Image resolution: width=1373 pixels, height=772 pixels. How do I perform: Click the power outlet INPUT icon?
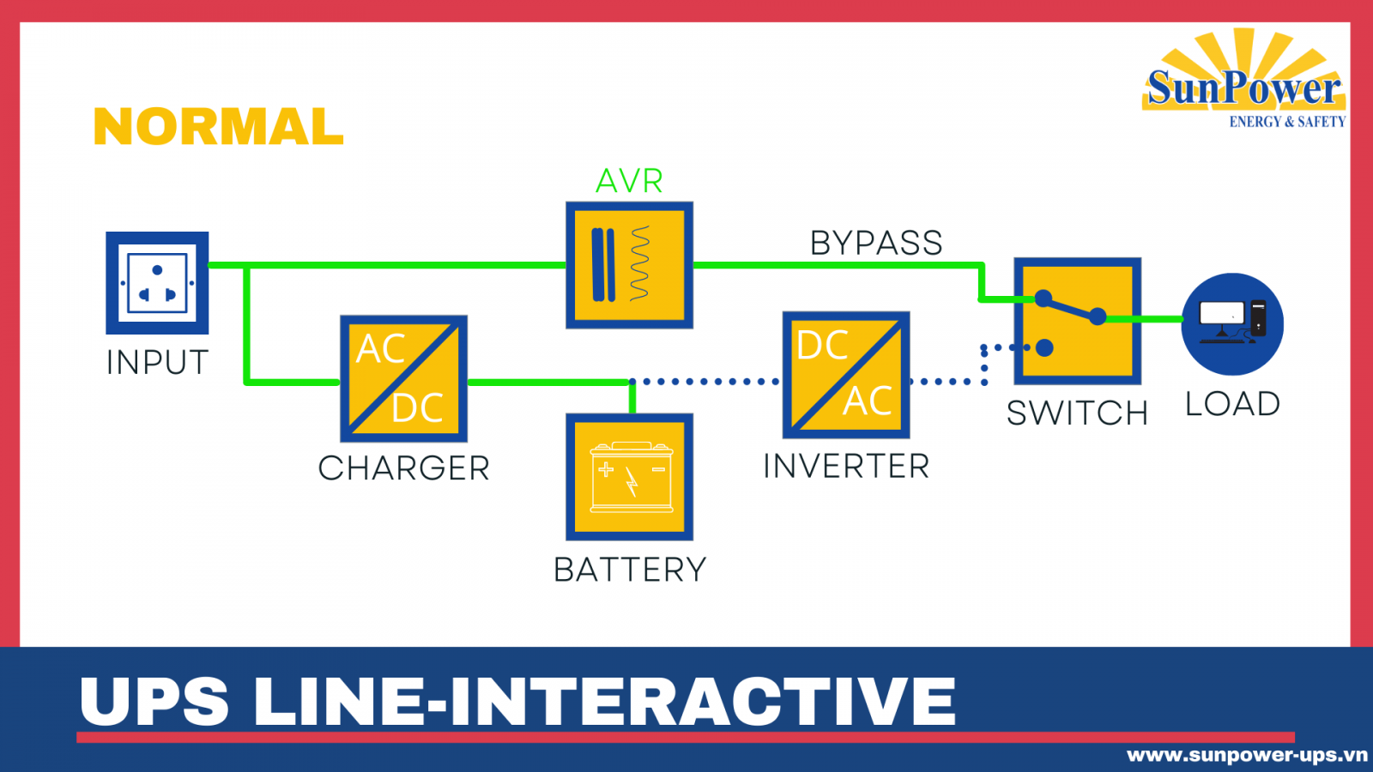click(x=157, y=283)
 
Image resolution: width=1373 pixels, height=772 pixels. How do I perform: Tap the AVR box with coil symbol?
click(x=629, y=265)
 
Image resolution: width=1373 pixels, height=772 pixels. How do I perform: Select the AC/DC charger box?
click(x=403, y=378)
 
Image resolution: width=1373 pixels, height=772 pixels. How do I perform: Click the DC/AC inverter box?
click(x=845, y=375)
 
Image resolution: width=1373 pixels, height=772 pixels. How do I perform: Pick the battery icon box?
click(x=629, y=477)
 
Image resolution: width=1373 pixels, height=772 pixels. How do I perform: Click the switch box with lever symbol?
click(x=1077, y=321)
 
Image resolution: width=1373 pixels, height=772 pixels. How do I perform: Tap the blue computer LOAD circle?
click(x=1232, y=324)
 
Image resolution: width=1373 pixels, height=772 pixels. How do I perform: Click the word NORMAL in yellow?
click(x=218, y=127)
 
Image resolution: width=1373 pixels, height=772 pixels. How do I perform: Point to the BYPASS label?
click(x=876, y=244)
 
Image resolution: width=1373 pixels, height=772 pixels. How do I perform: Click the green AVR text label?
click(x=629, y=181)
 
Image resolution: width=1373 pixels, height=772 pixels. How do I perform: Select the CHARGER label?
click(x=403, y=468)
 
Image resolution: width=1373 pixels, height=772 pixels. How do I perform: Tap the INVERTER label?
click(x=845, y=467)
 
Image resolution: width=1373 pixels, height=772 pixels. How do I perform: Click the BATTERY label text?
click(x=629, y=570)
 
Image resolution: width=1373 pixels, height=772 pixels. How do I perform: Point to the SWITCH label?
click(x=1077, y=413)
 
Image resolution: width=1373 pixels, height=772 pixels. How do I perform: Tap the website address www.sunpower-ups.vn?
click(x=1246, y=755)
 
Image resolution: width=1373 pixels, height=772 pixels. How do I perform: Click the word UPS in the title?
click(x=154, y=702)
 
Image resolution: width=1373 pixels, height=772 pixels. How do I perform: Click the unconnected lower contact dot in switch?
click(x=1044, y=347)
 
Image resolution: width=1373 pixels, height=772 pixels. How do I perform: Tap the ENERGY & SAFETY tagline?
click(x=1286, y=122)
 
